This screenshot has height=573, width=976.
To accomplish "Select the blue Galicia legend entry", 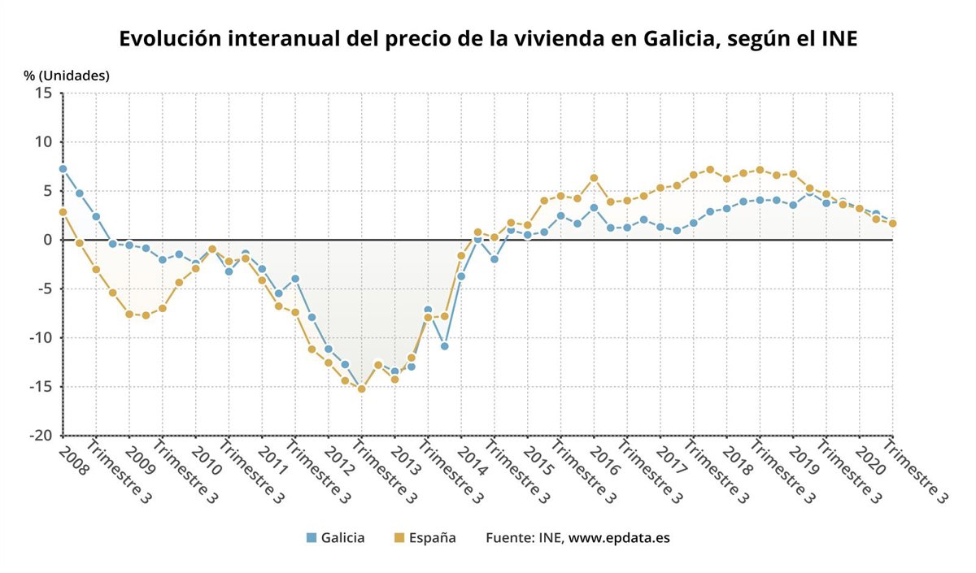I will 335,537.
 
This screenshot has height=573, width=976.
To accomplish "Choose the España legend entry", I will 424,537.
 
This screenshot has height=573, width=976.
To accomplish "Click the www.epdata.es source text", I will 619,537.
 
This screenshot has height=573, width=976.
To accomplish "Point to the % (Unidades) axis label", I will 67,76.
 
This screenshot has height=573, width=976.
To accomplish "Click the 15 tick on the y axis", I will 44,93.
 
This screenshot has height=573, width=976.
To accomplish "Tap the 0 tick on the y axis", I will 48,240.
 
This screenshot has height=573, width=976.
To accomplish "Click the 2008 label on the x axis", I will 73,460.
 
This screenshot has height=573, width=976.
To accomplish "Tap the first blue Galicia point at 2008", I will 63,169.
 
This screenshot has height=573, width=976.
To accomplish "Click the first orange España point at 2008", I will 63,212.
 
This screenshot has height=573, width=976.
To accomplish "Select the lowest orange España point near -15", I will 361,389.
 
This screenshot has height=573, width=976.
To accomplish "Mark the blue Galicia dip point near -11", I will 444,346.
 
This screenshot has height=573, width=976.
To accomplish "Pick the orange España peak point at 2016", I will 594,178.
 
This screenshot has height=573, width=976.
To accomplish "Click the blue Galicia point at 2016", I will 594,208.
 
